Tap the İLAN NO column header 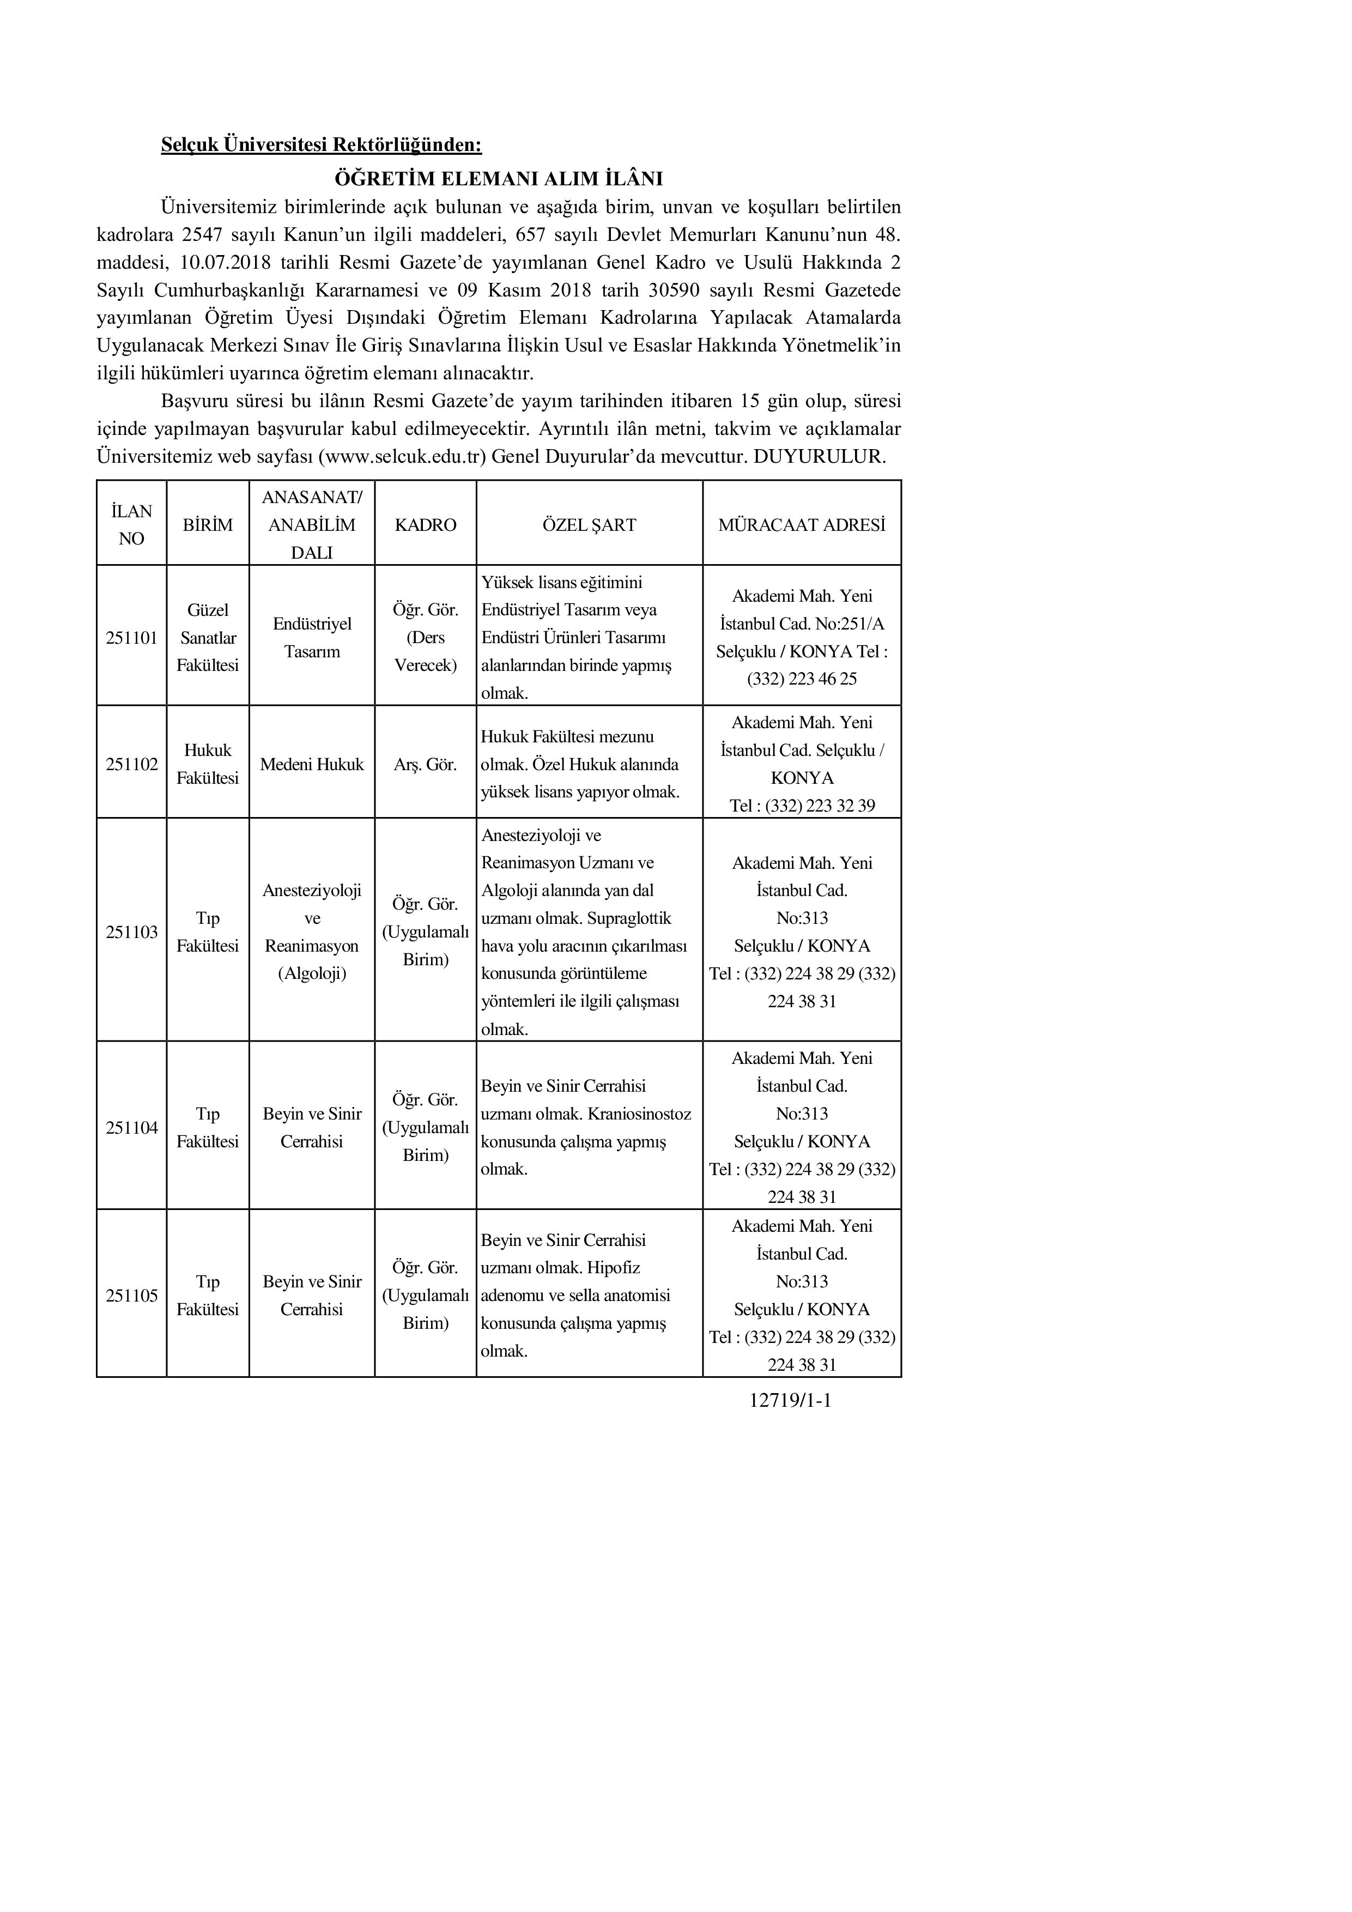pos(131,525)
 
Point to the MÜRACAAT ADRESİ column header pos(801,525)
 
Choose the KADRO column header pos(426,525)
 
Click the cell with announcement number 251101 pos(131,638)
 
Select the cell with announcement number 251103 pos(131,932)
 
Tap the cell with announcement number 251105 pos(131,1296)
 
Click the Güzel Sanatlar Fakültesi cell pos(207,638)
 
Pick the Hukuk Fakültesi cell pos(207,764)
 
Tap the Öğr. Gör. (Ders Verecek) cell pos(426,638)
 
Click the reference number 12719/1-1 pos(790,1401)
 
